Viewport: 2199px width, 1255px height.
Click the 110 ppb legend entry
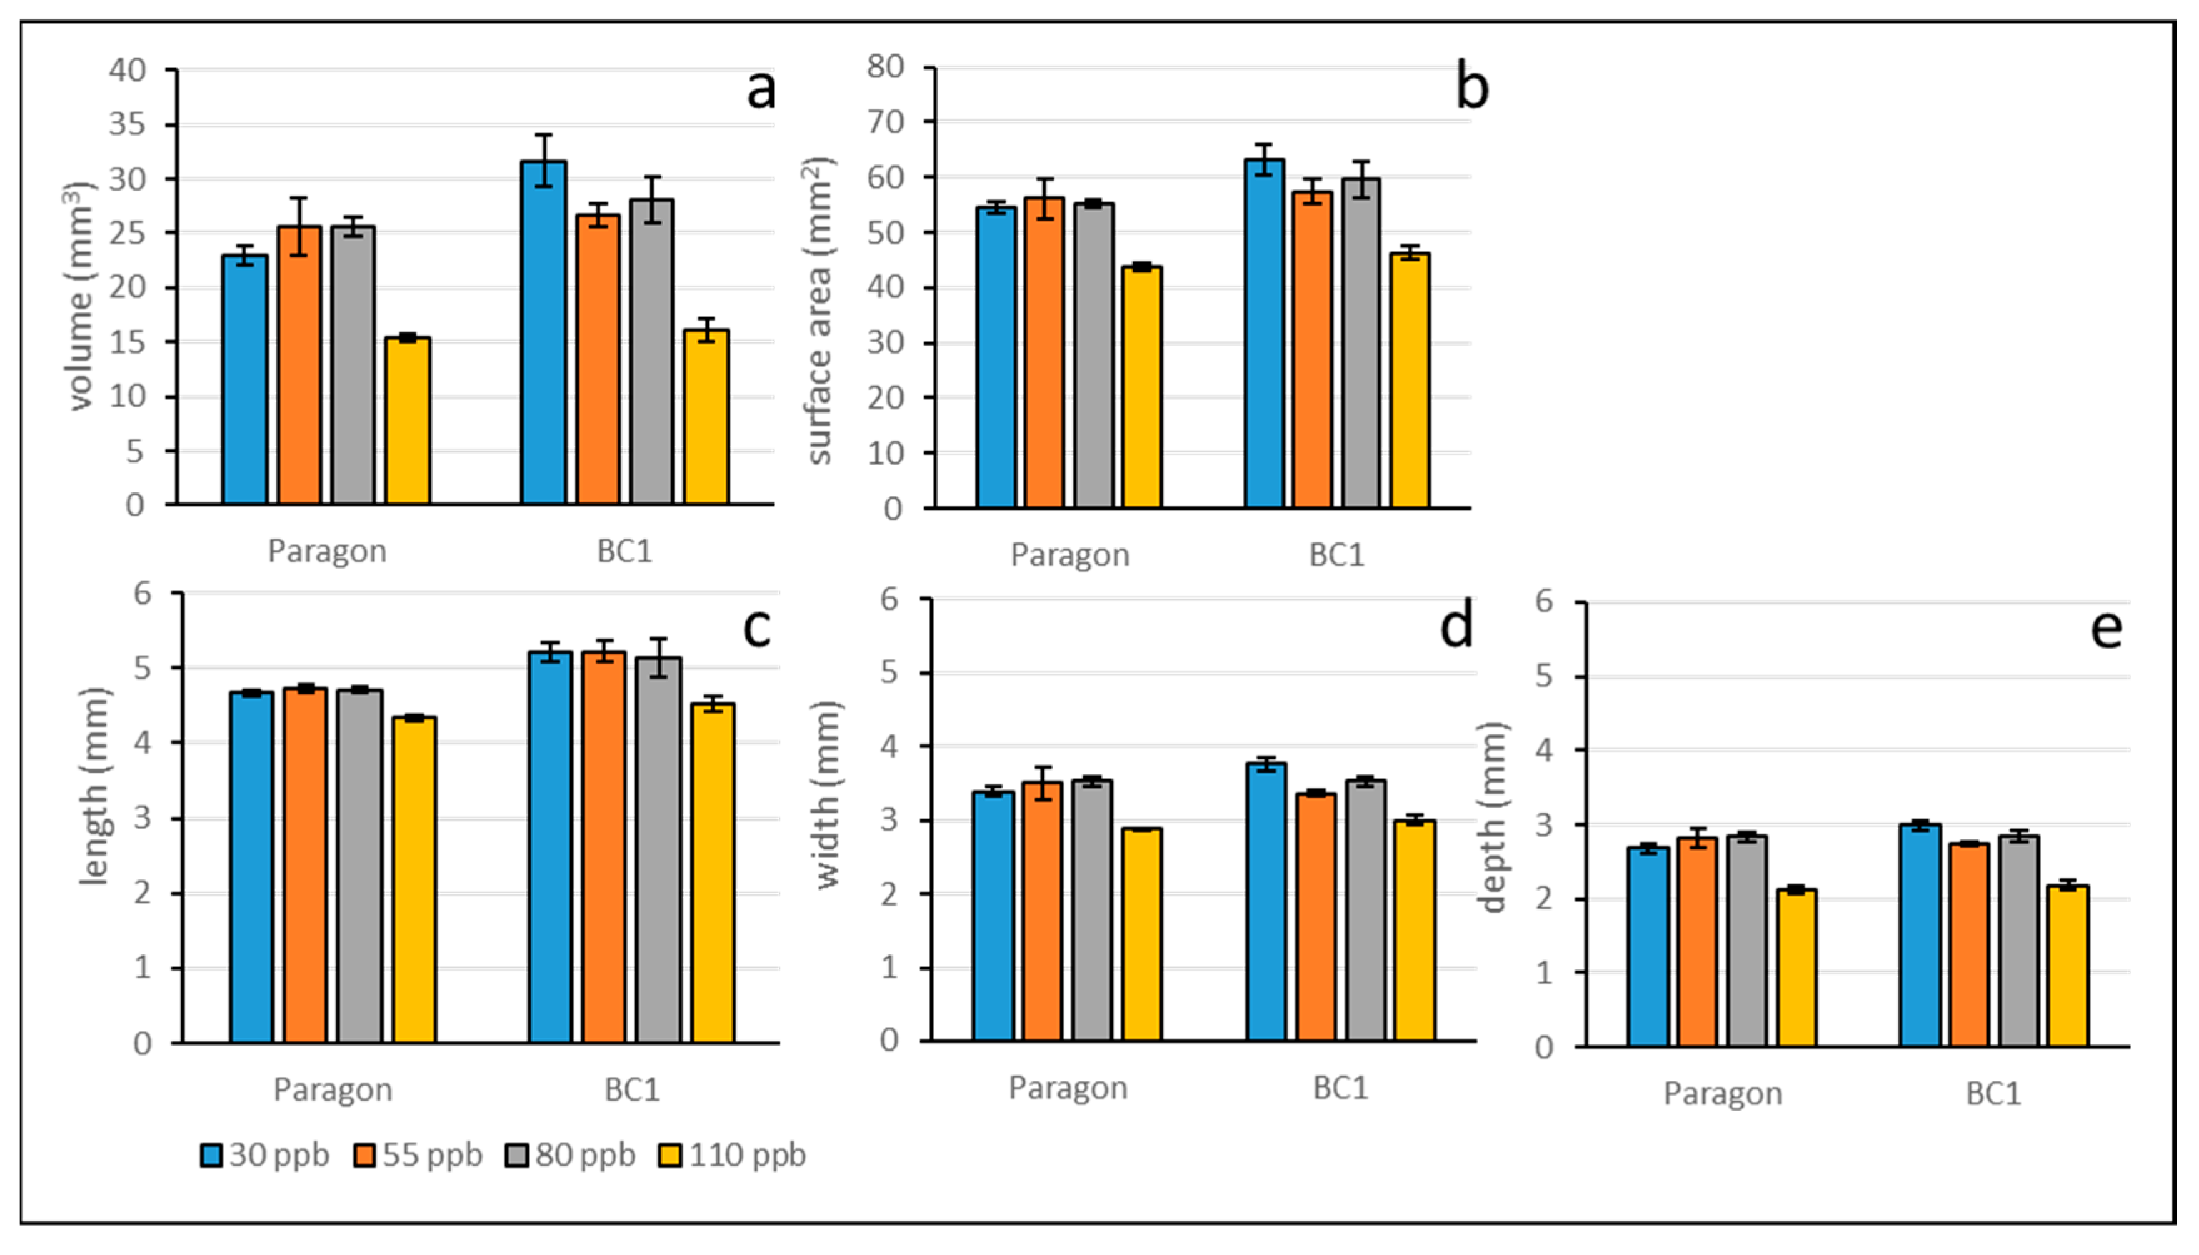click(x=732, y=1155)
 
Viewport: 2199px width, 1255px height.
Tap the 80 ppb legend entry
click(x=571, y=1155)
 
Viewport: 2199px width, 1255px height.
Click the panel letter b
click(x=1471, y=88)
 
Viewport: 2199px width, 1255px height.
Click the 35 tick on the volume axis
click(x=128, y=125)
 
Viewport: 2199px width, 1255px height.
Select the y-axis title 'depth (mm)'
click(x=1491, y=817)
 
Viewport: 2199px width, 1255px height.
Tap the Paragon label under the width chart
click(x=1068, y=1087)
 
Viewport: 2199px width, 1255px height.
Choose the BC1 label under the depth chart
click(x=1993, y=1093)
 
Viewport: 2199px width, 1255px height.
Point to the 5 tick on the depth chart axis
click(x=1545, y=677)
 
